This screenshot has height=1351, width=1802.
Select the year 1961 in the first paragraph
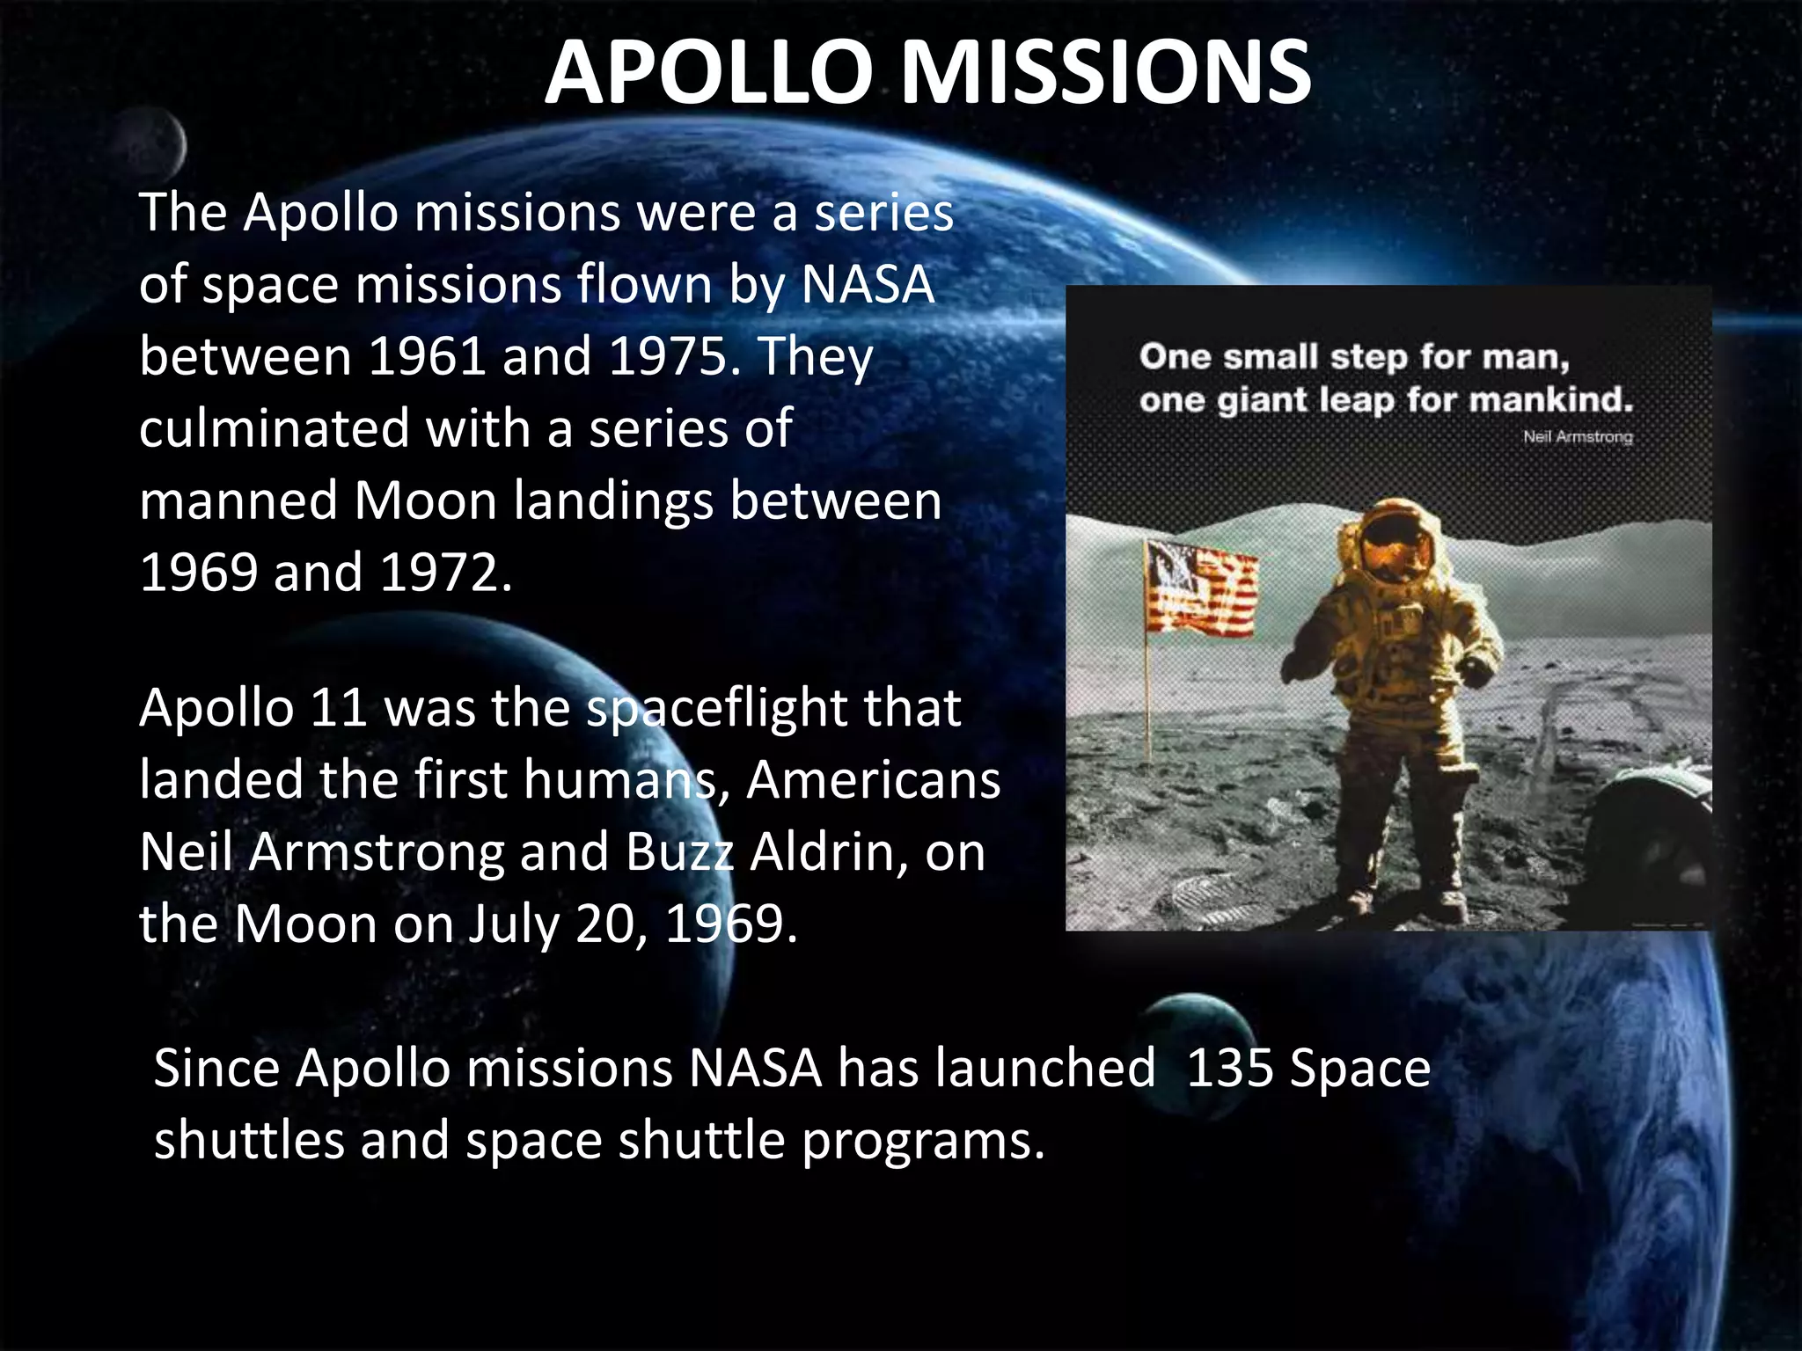pos(426,356)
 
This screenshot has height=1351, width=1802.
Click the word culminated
pos(274,428)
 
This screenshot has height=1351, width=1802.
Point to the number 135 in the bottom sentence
pos(1228,1069)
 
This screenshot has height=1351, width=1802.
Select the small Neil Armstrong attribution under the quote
pos(1577,437)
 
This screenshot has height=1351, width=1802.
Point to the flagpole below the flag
pos(1148,695)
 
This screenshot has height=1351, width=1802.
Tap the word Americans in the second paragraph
pos(873,780)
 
